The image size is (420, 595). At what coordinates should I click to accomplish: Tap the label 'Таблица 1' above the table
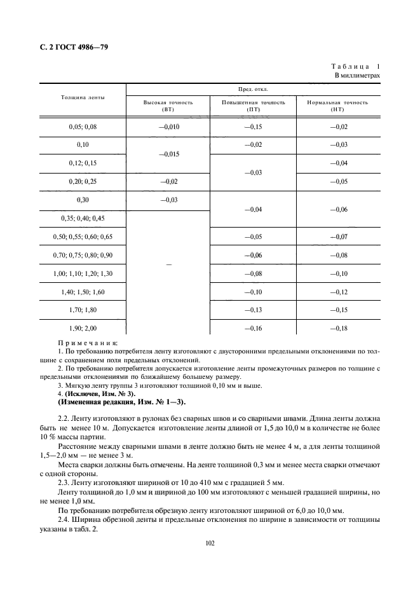click(x=355, y=66)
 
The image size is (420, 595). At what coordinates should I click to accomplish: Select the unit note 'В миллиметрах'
click(x=357, y=76)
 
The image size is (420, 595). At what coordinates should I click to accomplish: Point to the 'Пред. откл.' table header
click(x=254, y=90)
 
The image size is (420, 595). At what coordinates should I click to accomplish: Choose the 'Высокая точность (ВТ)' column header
click(x=168, y=106)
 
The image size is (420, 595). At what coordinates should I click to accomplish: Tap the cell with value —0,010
click(x=168, y=127)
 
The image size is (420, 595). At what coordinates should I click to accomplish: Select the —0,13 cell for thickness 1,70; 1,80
click(x=254, y=310)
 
